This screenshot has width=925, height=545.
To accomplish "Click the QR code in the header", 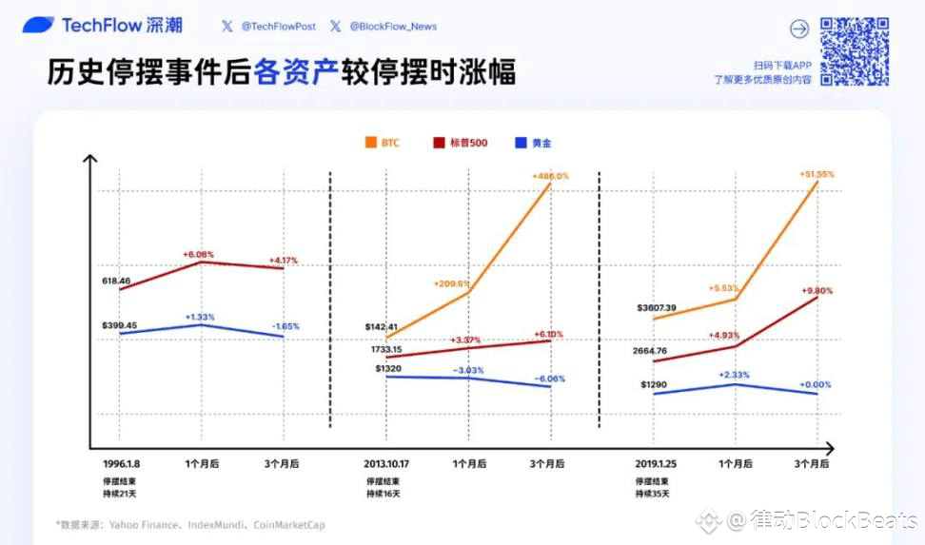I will (854, 50).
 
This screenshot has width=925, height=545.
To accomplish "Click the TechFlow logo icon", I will (38, 26).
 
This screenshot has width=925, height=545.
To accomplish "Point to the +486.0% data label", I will (550, 176).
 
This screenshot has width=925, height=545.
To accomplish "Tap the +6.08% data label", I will (198, 254).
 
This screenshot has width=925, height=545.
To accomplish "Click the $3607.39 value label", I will (659, 307).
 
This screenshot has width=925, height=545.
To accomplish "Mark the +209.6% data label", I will (450, 283).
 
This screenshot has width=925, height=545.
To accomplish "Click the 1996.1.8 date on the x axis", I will (122, 464).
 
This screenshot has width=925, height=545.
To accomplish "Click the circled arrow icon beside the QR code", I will (799, 29).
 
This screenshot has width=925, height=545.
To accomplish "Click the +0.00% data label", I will (817, 384).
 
